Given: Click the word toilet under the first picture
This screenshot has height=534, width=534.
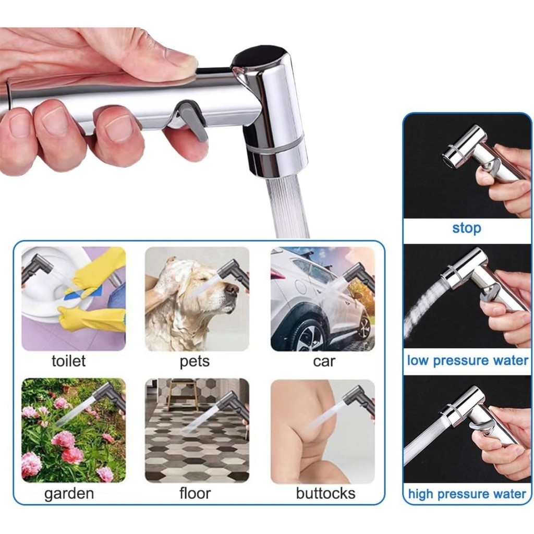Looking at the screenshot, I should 68,361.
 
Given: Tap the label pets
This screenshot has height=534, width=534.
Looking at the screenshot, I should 195,361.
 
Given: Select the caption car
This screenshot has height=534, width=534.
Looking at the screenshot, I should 324,361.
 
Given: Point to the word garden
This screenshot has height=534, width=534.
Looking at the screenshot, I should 69,493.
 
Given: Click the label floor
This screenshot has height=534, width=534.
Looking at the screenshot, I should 195,493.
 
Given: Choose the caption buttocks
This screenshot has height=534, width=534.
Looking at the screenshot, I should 325,493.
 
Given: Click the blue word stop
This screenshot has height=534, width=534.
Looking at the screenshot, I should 466,228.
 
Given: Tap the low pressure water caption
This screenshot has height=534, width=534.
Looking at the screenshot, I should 467,360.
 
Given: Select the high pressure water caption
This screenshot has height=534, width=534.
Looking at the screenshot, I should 467,494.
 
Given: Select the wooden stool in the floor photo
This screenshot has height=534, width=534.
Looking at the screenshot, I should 182,393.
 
